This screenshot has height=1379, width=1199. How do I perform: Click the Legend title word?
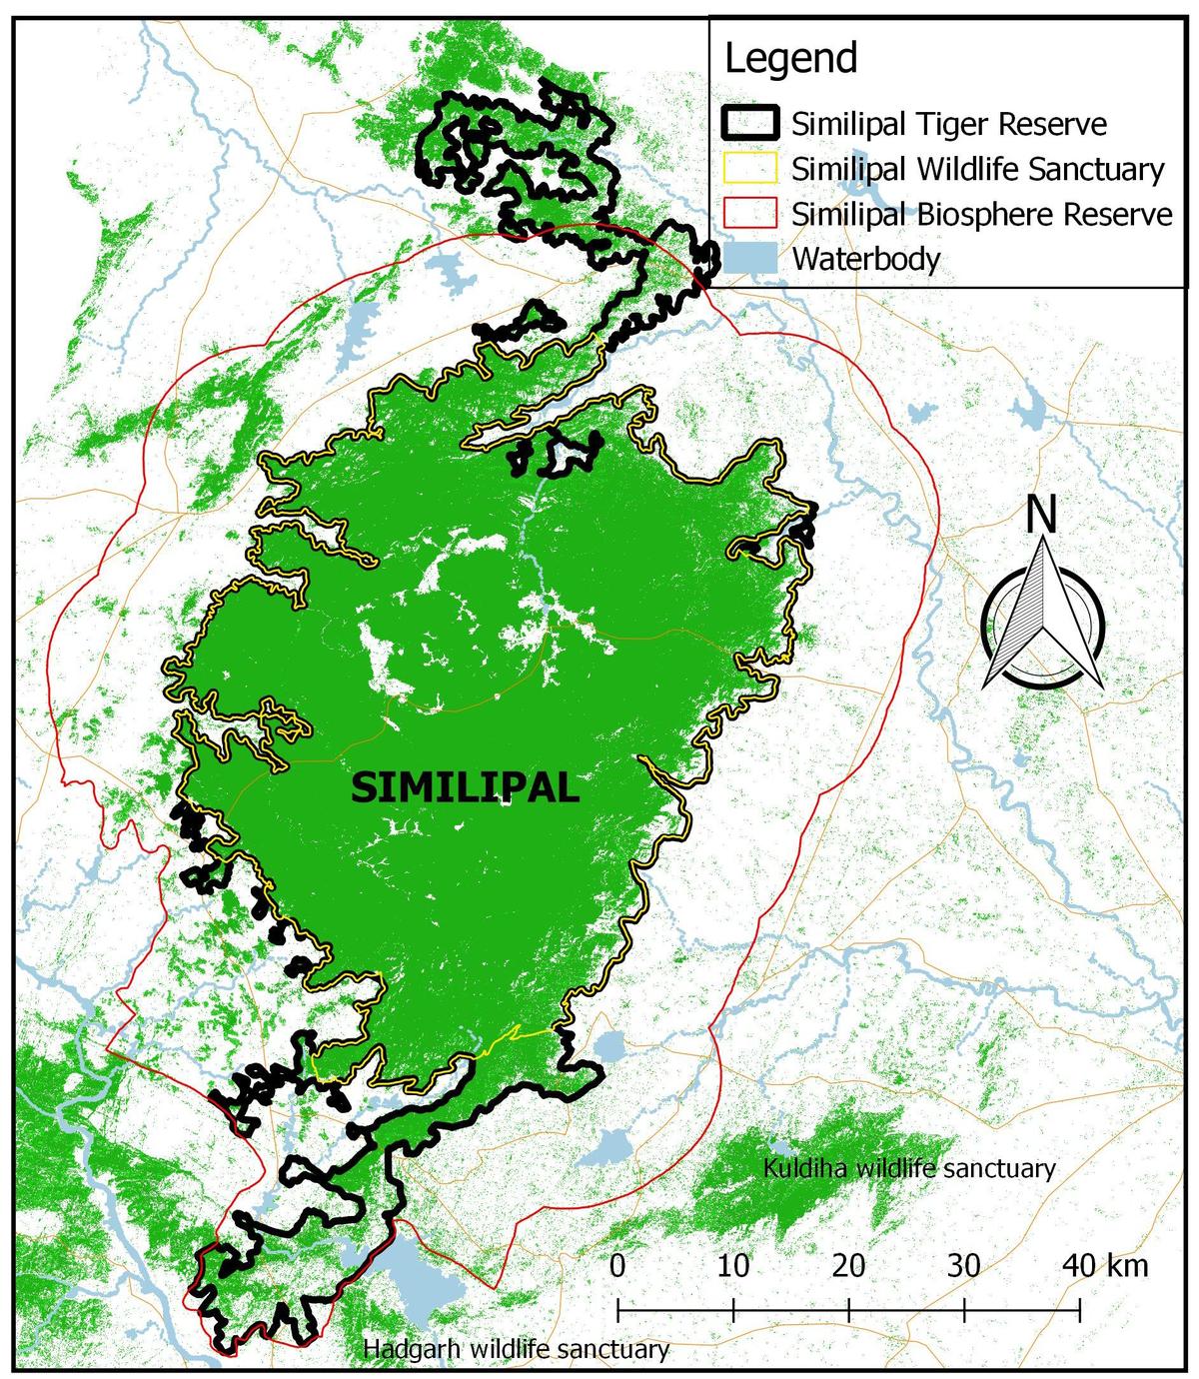[790, 59]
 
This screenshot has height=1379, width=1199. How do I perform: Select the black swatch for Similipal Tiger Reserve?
[748, 124]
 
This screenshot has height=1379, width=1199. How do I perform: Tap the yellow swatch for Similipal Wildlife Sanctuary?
[748, 169]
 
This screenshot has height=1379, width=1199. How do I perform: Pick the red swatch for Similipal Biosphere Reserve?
[748, 214]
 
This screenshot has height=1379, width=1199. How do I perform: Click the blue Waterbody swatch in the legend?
[748, 259]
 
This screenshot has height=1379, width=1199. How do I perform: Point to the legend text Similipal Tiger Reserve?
[949, 125]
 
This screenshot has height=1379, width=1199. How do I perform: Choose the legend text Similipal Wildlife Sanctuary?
[978, 170]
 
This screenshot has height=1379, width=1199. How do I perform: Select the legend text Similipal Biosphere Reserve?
[982, 215]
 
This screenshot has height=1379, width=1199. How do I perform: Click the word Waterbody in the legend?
[866, 260]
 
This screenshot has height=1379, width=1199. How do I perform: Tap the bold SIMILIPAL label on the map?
[466, 788]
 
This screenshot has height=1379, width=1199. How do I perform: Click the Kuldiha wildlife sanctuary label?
[908, 1168]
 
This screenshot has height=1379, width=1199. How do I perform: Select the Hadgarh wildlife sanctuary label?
[516, 1349]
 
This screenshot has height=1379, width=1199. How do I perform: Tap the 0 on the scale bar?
[617, 1265]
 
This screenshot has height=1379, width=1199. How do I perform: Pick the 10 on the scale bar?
[733, 1265]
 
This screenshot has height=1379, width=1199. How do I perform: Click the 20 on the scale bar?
[848, 1265]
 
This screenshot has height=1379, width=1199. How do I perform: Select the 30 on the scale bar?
[963, 1265]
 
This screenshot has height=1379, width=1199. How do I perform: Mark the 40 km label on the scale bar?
[1104, 1265]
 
